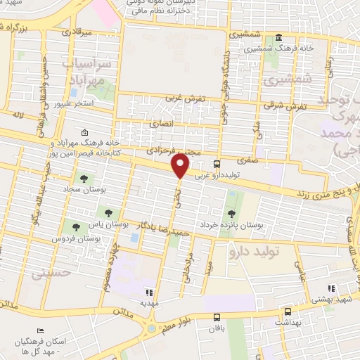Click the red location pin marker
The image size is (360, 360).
click(181, 166)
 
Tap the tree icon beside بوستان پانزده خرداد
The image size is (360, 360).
click(231, 213)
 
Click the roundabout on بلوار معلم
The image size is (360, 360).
click(151, 328)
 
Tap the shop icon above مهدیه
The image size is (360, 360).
click(148, 292)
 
